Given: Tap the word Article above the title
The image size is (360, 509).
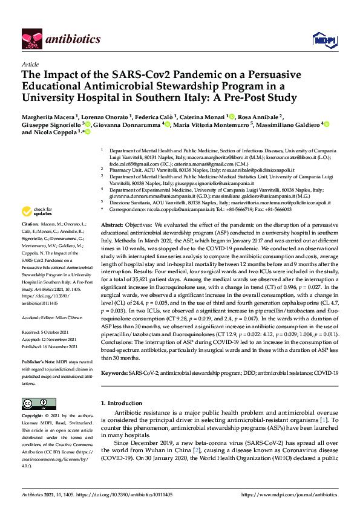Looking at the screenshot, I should click(30, 63).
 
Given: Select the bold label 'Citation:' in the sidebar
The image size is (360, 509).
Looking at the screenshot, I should click(31, 224).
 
